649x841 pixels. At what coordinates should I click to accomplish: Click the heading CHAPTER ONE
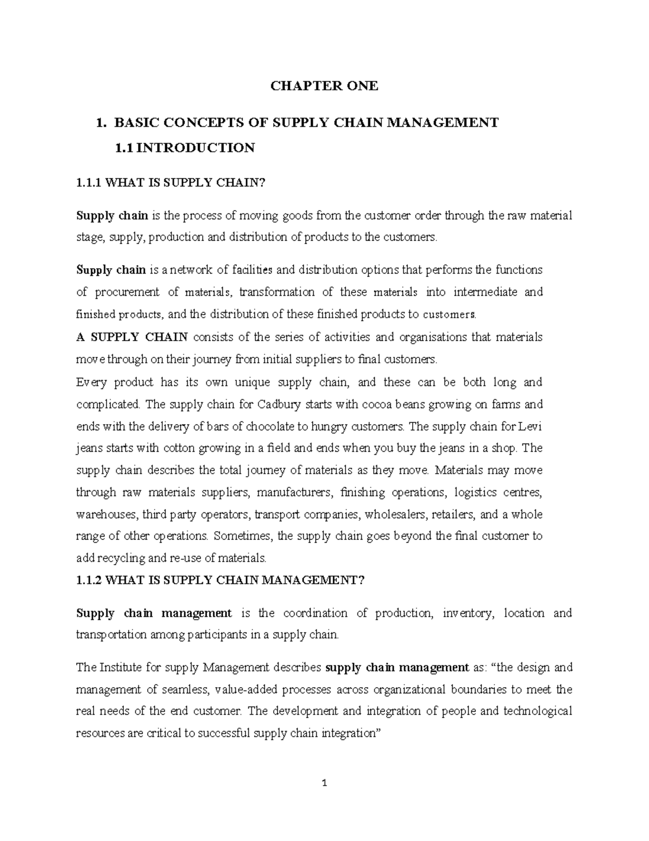[x=324, y=86]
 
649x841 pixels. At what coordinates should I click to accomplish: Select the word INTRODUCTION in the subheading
[x=195, y=148]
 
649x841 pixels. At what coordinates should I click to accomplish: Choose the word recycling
[x=120, y=558]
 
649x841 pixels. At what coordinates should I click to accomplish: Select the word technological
[x=537, y=711]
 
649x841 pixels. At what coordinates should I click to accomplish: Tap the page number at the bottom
[x=324, y=783]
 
